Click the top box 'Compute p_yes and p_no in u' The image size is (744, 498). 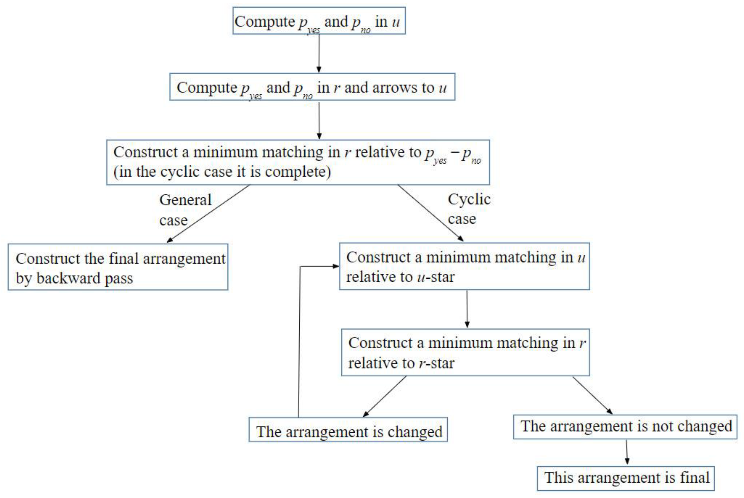point(319,21)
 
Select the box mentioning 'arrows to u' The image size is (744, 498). point(312,87)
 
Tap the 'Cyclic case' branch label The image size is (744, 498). point(469,209)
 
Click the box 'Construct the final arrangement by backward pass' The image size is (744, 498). point(118,267)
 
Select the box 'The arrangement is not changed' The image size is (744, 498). point(625,427)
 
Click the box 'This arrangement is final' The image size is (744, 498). point(626,478)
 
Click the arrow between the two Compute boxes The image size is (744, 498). point(319,54)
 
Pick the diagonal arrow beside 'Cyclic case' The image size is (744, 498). point(430,213)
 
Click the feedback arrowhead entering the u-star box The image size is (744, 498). point(335,266)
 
